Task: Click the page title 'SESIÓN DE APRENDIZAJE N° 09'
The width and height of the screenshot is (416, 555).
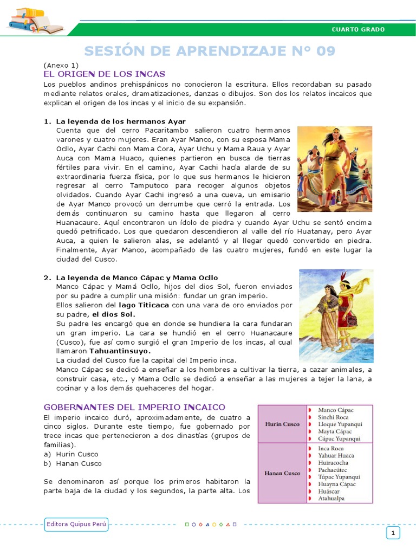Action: tap(209, 51)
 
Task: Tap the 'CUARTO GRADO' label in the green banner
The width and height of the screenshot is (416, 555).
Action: tap(358, 29)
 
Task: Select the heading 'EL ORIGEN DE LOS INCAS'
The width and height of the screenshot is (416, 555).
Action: tap(104, 74)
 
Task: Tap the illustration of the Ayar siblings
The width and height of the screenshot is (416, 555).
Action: tap(334, 169)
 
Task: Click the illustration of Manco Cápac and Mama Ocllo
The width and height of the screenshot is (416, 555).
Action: tap(335, 316)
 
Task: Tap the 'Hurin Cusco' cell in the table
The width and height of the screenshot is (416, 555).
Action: tap(282, 424)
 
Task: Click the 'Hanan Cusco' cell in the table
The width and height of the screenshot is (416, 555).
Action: tap(282, 473)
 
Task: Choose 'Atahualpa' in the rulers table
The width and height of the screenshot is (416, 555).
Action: tap(331, 498)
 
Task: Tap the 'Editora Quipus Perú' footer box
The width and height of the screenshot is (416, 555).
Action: tap(76, 524)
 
